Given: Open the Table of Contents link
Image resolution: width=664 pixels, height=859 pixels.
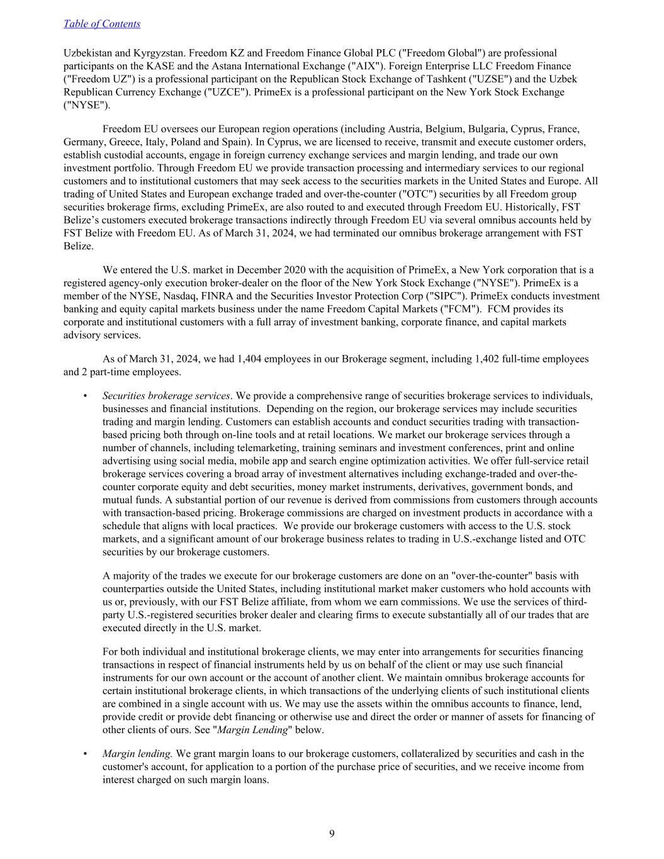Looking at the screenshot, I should [x=102, y=24].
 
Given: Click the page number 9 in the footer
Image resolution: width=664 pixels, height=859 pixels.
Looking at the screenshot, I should [x=332, y=834].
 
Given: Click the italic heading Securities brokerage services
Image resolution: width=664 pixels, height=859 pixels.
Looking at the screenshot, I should [x=166, y=396].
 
